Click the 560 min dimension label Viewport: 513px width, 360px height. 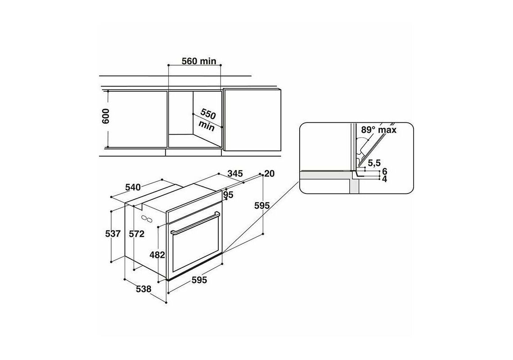pyautogui.click(x=199, y=61)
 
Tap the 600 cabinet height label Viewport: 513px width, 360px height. pyautogui.click(x=106, y=116)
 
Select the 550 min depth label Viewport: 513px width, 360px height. pyautogui.click(x=207, y=120)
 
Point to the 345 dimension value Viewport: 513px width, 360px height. pyautogui.click(x=235, y=173)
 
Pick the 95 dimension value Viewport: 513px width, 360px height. pyautogui.click(x=228, y=195)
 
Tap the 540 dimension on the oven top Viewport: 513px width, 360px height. pyautogui.click(x=133, y=187)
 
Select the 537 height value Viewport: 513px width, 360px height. pyautogui.click(x=113, y=234)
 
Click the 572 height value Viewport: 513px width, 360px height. pyautogui.click(x=136, y=234)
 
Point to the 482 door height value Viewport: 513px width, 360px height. pyautogui.click(x=157, y=255)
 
